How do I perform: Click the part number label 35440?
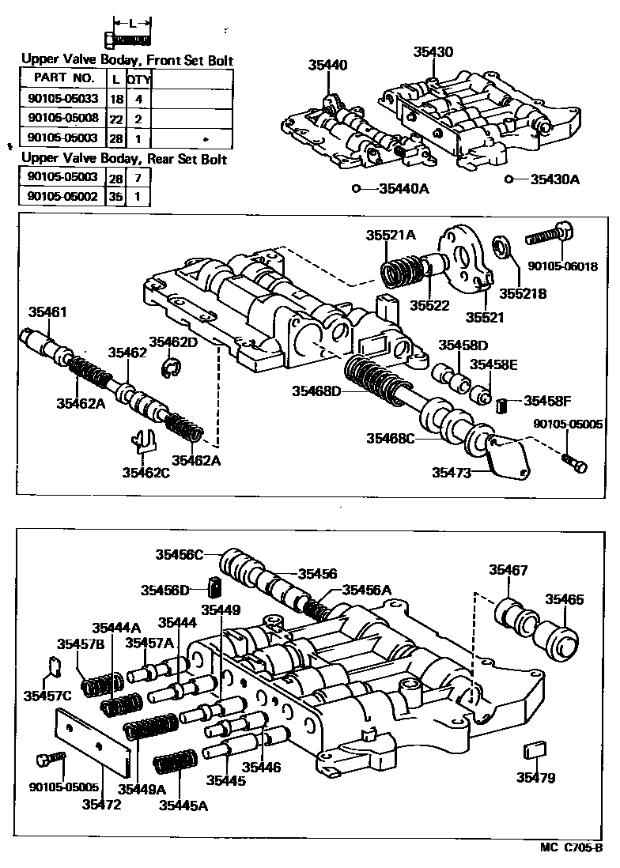pos(327,66)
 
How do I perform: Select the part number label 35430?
pos(433,52)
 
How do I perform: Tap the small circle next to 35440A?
pos(357,189)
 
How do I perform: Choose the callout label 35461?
pos(48,311)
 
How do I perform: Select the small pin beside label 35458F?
pos(501,406)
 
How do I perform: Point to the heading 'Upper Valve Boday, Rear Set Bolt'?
pos(124,159)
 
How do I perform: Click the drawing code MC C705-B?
pos(572,849)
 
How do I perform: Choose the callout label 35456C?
pos(179,555)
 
